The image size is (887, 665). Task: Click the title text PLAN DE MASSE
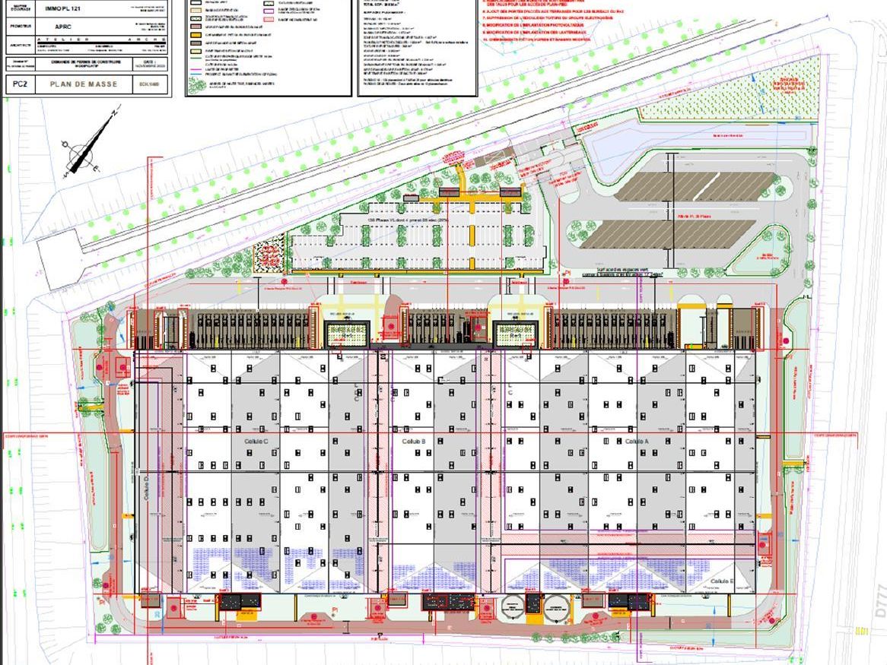point(84,84)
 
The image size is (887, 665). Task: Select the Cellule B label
point(413,441)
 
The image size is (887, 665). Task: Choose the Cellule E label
point(721,581)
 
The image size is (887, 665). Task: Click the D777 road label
point(880,600)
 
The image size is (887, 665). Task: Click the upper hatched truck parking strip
point(696,185)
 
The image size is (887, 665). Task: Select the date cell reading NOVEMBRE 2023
point(148,65)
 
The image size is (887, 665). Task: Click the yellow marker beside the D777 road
point(862,631)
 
